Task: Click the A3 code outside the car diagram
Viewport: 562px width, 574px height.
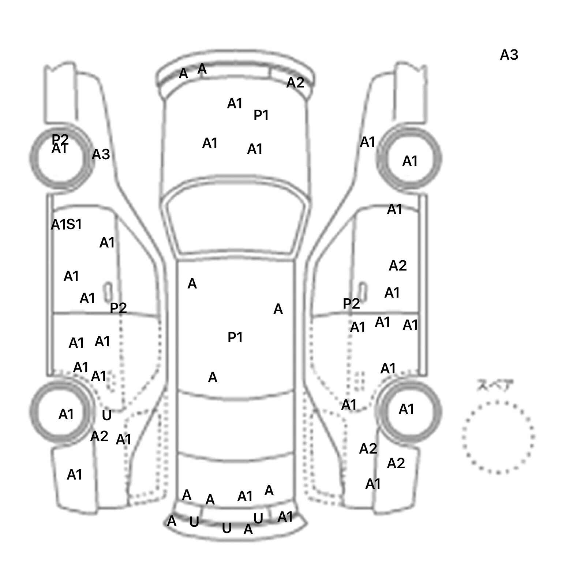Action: [509, 55]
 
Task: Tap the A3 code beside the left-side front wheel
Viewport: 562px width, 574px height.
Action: [101, 154]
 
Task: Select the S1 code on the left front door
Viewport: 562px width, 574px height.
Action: [74, 224]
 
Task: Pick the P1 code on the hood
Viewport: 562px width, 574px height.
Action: [261, 116]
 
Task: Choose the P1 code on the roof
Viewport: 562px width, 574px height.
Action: [235, 337]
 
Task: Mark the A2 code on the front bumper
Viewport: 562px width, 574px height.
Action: [295, 83]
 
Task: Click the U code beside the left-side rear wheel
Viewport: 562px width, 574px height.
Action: [106, 415]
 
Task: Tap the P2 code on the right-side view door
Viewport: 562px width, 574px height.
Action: [351, 303]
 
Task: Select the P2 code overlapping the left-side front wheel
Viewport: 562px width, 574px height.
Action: [60, 138]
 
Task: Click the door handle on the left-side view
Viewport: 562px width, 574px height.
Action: [108, 292]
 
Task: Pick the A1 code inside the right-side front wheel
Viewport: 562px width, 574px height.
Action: [410, 161]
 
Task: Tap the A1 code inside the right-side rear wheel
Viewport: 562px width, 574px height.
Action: [406, 409]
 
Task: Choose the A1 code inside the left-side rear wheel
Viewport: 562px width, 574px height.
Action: [66, 414]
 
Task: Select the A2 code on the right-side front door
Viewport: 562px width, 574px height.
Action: [398, 265]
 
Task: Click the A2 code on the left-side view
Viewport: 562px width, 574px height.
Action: [99, 436]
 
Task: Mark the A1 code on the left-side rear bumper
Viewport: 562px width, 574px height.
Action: [74, 475]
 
